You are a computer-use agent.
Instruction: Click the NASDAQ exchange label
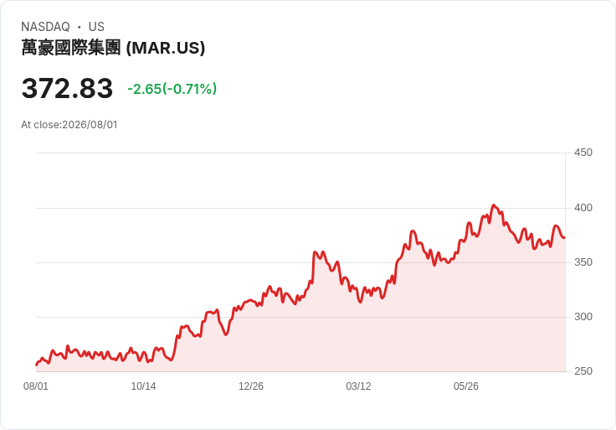click(x=45, y=27)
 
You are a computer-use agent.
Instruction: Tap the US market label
click(x=96, y=27)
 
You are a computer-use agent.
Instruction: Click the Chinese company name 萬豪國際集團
click(x=70, y=48)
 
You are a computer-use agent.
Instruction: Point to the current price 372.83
click(x=67, y=88)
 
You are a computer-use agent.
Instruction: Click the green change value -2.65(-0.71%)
click(x=172, y=89)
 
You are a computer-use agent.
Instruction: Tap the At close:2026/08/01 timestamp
click(x=69, y=125)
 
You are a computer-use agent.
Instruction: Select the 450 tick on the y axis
click(x=583, y=153)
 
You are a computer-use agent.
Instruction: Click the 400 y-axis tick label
click(x=583, y=208)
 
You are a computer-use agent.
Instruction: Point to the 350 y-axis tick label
click(x=583, y=262)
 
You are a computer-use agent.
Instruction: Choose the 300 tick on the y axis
click(x=583, y=317)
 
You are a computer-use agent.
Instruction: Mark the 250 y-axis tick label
click(x=583, y=371)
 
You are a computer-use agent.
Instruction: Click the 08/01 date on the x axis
click(x=36, y=386)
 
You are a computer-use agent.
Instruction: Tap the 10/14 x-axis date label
click(x=143, y=386)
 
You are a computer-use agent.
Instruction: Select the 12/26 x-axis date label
click(x=251, y=386)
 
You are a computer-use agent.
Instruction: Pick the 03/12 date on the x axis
click(x=358, y=386)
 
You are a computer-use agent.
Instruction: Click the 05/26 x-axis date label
click(x=466, y=386)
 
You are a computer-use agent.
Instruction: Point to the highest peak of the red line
click(x=494, y=205)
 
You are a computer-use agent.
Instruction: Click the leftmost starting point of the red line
click(x=37, y=365)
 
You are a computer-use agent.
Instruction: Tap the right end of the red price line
click(x=564, y=237)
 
